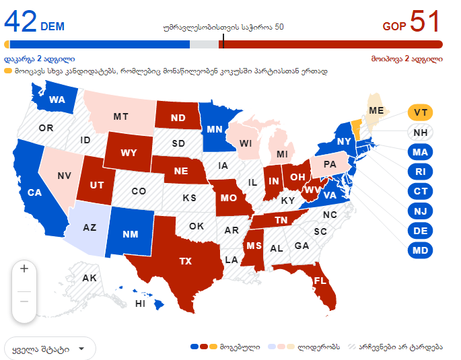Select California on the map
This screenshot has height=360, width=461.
click(35, 192)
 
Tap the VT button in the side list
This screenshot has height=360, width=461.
click(421, 112)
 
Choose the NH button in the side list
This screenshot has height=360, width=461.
click(421, 133)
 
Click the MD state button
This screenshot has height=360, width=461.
click(421, 251)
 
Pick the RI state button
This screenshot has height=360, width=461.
click(421, 172)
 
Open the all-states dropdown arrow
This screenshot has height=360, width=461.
click(81, 349)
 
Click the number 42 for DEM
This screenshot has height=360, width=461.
click(21, 22)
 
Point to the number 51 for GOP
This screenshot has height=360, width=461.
click(425, 22)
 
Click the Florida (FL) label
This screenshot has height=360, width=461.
click(320, 280)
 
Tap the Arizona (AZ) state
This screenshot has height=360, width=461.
click(90, 227)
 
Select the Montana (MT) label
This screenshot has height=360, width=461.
click(120, 117)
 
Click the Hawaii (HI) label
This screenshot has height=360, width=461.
click(141, 303)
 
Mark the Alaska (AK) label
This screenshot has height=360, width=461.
click(90, 278)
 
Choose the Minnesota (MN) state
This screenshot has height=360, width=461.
click(215, 129)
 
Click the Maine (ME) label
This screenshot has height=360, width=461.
click(377, 110)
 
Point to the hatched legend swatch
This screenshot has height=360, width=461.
click(353, 347)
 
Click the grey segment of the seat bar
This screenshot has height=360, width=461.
click(204, 44)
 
